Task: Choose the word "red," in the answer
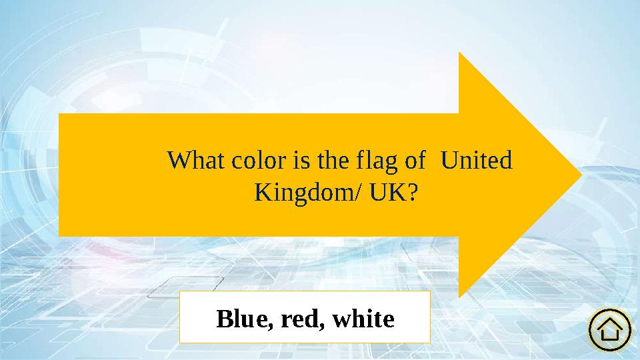[303, 319]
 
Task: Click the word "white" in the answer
[363, 319]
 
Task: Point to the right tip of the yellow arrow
[582, 175]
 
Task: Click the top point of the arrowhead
[459, 52]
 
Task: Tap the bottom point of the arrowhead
[459, 297]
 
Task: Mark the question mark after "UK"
[413, 193]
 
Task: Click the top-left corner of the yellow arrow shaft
[60, 114]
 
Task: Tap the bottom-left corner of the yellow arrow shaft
[60, 235]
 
